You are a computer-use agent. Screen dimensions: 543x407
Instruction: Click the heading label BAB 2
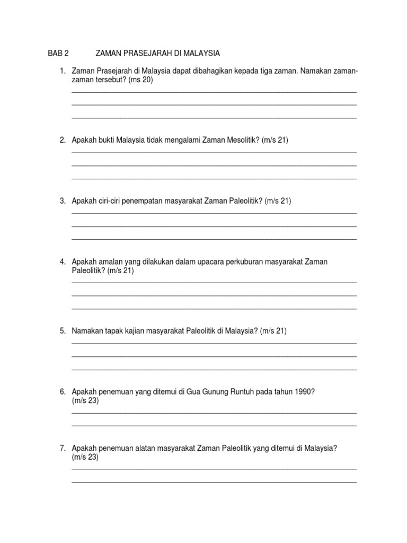(x=58, y=54)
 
